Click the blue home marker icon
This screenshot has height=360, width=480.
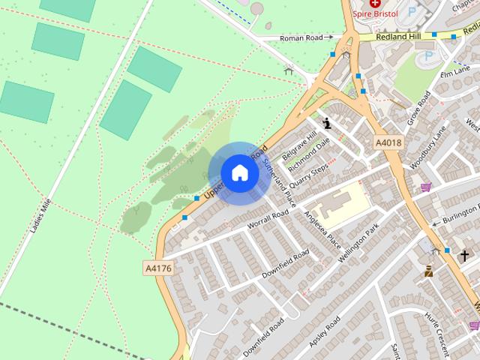239,172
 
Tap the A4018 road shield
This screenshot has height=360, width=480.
388,142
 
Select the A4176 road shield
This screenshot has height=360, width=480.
157,266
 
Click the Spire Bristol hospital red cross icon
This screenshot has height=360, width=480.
375,4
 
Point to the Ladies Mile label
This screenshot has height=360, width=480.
41,216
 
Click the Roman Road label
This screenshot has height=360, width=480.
301,37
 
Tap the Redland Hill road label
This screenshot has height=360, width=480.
398,36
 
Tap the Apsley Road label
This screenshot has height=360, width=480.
325,331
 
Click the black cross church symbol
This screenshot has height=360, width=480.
464,256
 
